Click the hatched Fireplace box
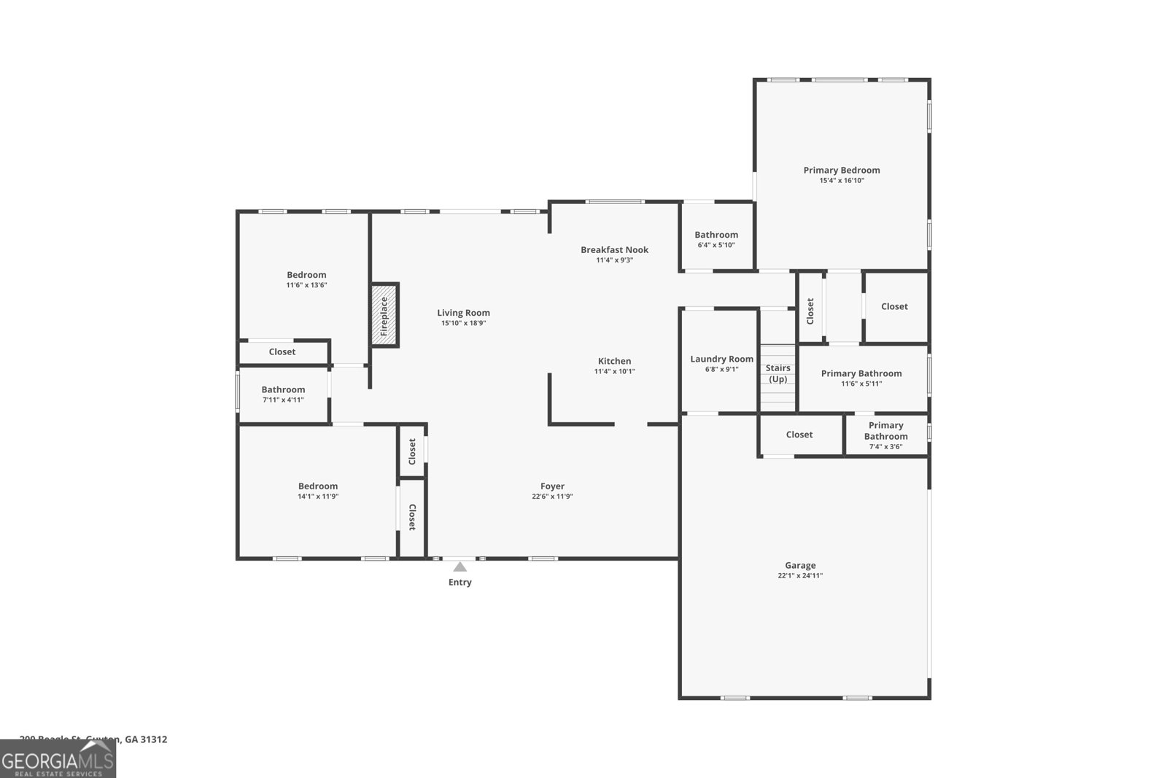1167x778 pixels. (384, 315)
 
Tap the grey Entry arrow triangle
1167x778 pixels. (460, 567)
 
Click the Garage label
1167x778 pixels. (800, 565)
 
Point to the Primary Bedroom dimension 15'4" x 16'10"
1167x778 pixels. (842, 181)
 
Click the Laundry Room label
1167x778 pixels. (721, 359)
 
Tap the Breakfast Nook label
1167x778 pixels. (614, 249)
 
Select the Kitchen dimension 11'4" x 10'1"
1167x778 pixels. (614, 372)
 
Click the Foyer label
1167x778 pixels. (552, 486)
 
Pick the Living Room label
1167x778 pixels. (463, 313)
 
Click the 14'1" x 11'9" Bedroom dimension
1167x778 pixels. (318, 497)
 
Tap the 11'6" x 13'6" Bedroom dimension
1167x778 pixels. (306, 285)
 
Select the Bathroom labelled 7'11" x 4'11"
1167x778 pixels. (283, 389)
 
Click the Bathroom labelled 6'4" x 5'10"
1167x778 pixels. (716, 235)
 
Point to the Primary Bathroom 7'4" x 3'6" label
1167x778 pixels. (885, 431)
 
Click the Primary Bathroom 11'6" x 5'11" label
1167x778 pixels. (861, 373)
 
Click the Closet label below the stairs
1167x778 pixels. (799, 435)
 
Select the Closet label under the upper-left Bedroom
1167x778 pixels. (282, 351)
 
